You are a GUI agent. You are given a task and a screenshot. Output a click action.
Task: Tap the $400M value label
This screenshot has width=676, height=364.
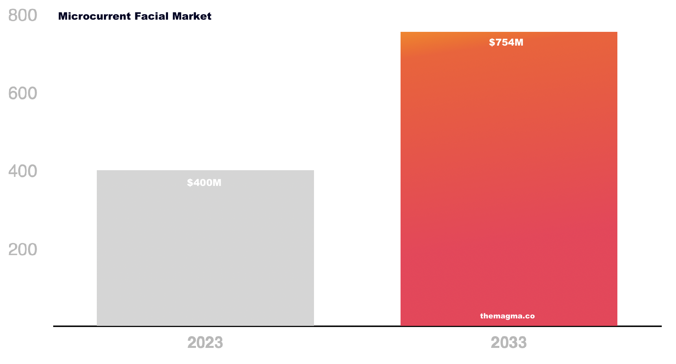tap(204, 183)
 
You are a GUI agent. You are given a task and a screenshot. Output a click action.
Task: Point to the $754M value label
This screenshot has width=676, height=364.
tap(506, 42)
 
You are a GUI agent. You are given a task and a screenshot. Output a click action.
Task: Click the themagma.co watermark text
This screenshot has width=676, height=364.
tap(507, 316)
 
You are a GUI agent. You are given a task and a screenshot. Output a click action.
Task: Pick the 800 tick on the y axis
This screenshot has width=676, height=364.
tap(23, 16)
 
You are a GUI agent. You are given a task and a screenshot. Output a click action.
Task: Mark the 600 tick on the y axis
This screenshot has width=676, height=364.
tap(23, 94)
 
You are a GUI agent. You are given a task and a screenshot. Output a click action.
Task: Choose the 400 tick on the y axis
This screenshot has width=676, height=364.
tap(23, 171)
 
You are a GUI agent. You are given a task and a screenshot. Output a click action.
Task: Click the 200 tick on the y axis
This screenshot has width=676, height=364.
tap(23, 250)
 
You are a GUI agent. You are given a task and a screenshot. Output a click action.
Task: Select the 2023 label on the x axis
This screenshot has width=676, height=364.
tap(205, 343)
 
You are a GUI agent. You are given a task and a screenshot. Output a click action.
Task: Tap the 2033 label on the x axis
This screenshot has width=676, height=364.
tap(508, 343)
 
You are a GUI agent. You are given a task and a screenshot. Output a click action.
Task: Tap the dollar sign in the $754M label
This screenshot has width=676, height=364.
tap(491, 42)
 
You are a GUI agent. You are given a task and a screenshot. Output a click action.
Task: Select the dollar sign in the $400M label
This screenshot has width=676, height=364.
tap(190, 183)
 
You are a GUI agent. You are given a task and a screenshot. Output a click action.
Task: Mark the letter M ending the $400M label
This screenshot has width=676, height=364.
tap(217, 183)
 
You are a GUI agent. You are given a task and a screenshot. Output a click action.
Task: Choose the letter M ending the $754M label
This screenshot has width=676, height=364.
tap(519, 42)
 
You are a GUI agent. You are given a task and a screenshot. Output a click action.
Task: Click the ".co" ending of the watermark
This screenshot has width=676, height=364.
tap(529, 316)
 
